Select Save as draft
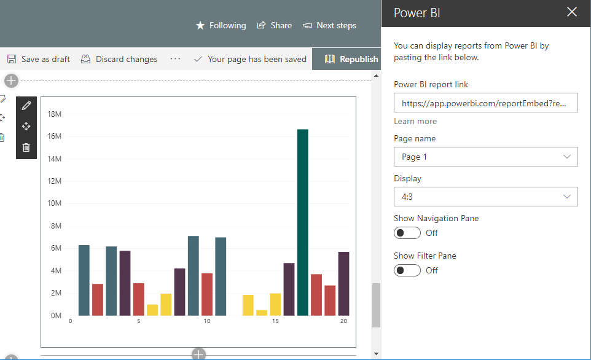point(38,59)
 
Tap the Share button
point(274,25)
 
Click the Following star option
point(221,25)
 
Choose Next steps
point(329,25)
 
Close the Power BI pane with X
point(572,12)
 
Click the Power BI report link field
point(485,103)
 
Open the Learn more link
point(415,121)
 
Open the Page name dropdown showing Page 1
point(485,157)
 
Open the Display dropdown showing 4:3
point(485,197)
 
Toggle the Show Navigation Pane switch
point(407,233)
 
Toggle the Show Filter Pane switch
point(407,270)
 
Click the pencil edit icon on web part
point(26,106)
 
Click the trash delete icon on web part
point(26,147)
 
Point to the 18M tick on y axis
point(54,114)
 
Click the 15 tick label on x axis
point(275,321)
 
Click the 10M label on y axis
point(54,203)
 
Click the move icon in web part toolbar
point(26,127)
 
